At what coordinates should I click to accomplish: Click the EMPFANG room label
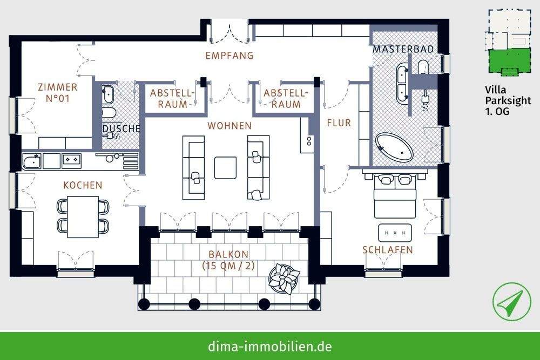230,56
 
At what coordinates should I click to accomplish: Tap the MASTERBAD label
403,49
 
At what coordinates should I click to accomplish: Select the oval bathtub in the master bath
394,147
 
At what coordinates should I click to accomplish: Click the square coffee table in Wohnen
225,167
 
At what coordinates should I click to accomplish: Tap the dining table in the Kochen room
83,216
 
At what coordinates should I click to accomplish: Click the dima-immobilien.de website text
269,345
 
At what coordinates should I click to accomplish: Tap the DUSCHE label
122,129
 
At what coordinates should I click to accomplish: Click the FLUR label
339,123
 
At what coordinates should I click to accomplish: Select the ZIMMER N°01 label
57,93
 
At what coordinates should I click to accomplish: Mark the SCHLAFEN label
388,250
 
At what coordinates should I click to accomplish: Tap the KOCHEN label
83,185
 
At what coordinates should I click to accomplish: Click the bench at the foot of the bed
395,232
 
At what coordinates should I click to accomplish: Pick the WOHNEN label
230,126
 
